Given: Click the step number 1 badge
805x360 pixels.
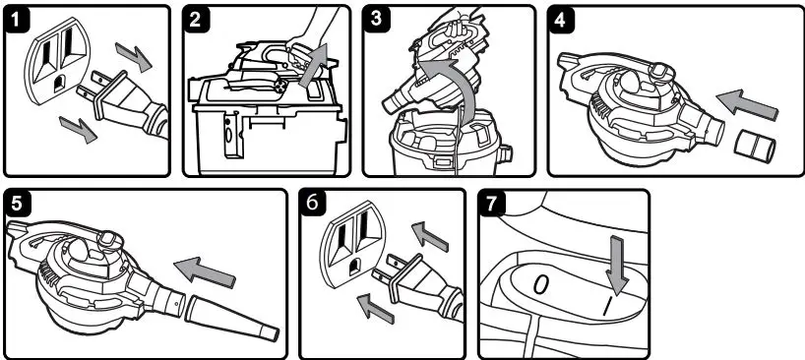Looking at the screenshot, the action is (x=17, y=19).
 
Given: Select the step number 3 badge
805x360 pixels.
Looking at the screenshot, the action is (x=376, y=19).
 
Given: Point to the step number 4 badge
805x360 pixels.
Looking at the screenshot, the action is (x=561, y=19).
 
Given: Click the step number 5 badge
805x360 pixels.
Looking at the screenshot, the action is (x=18, y=203).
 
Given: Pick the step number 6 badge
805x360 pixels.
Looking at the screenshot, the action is (x=313, y=203).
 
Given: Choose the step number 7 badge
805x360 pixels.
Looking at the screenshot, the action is (x=491, y=203).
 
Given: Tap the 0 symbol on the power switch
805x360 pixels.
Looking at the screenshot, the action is (x=540, y=285).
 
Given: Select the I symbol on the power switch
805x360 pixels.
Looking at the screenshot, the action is (x=608, y=308).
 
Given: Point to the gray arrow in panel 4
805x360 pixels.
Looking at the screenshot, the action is (x=747, y=106).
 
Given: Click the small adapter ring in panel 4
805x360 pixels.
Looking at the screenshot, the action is (x=755, y=147).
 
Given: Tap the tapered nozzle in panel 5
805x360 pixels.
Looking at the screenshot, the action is (x=232, y=319).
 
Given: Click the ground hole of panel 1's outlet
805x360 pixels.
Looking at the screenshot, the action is (x=60, y=83).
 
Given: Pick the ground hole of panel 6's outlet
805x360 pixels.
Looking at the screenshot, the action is (x=354, y=268).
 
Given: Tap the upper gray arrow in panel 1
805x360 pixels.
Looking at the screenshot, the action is (x=134, y=56).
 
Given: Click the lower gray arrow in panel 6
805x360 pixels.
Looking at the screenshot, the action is (x=376, y=310).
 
